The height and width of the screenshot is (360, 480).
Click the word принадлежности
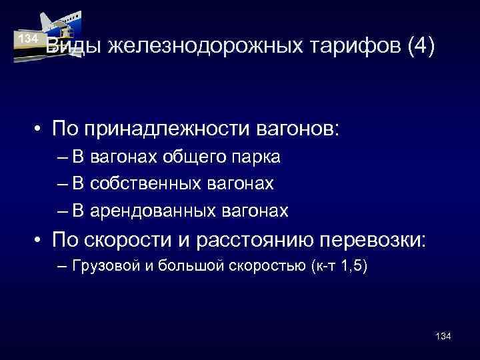click(159, 127)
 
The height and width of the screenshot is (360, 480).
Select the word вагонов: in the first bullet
click(295, 127)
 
